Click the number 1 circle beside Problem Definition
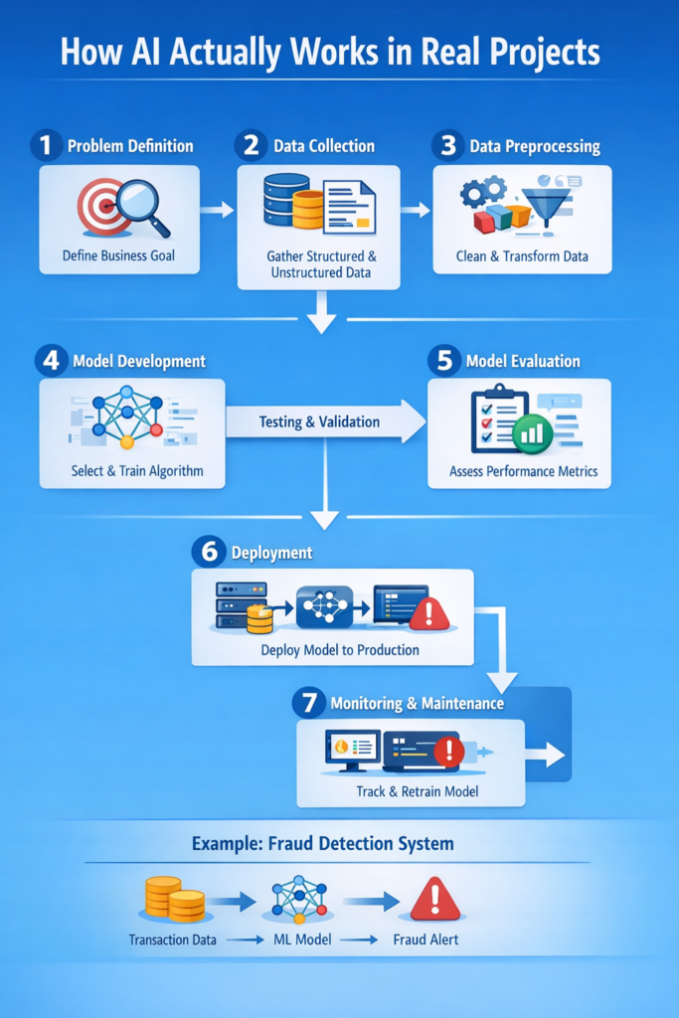pyautogui.click(x=45, y=146)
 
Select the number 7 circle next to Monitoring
pyautogui.click(x=308, y=703)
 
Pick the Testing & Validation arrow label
pyautogui.click(x=319, y=422)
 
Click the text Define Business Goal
pyautogui.click(x=118, y=255)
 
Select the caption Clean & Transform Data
pyautogui.click(x=522, y=255)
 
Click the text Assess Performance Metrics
pyautogui.click(x=523, y=470)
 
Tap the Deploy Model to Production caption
pyautogui.click(x=340, y=650)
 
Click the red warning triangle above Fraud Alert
pyautogui.click(x=435, y=901)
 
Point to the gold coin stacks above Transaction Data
pyautogui.click(x=173, y=899)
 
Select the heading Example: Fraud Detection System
pyautogui.click(x=322, y=844)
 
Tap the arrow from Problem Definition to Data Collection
pyautogui.click(x=217, y=209)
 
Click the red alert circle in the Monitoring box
pyautogui.click(x=449, y=751)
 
